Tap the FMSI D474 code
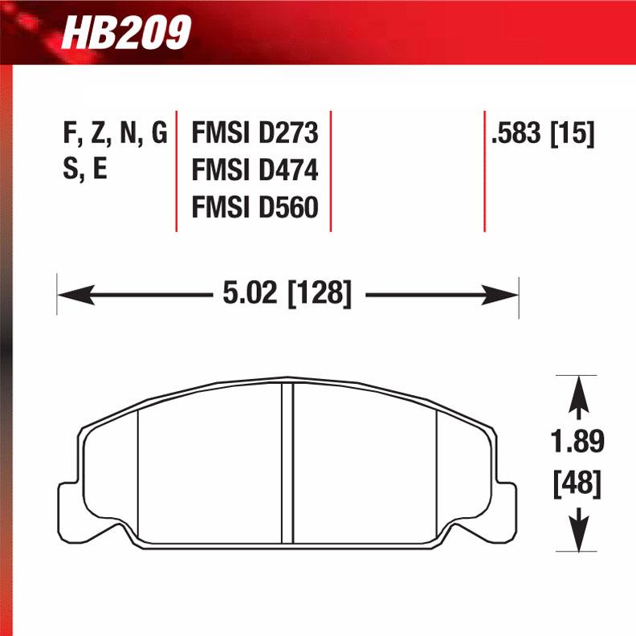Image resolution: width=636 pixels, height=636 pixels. [x=255, y=171]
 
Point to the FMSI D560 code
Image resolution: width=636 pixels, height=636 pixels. [x=255, y=208]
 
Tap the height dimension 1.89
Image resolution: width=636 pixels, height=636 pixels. [x=577, y=442]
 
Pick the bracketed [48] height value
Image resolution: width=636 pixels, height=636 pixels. [x=577, y=483]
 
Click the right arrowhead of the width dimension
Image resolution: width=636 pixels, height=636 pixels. [x=508, y=296]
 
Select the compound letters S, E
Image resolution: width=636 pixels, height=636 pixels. [x=85, y=171]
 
